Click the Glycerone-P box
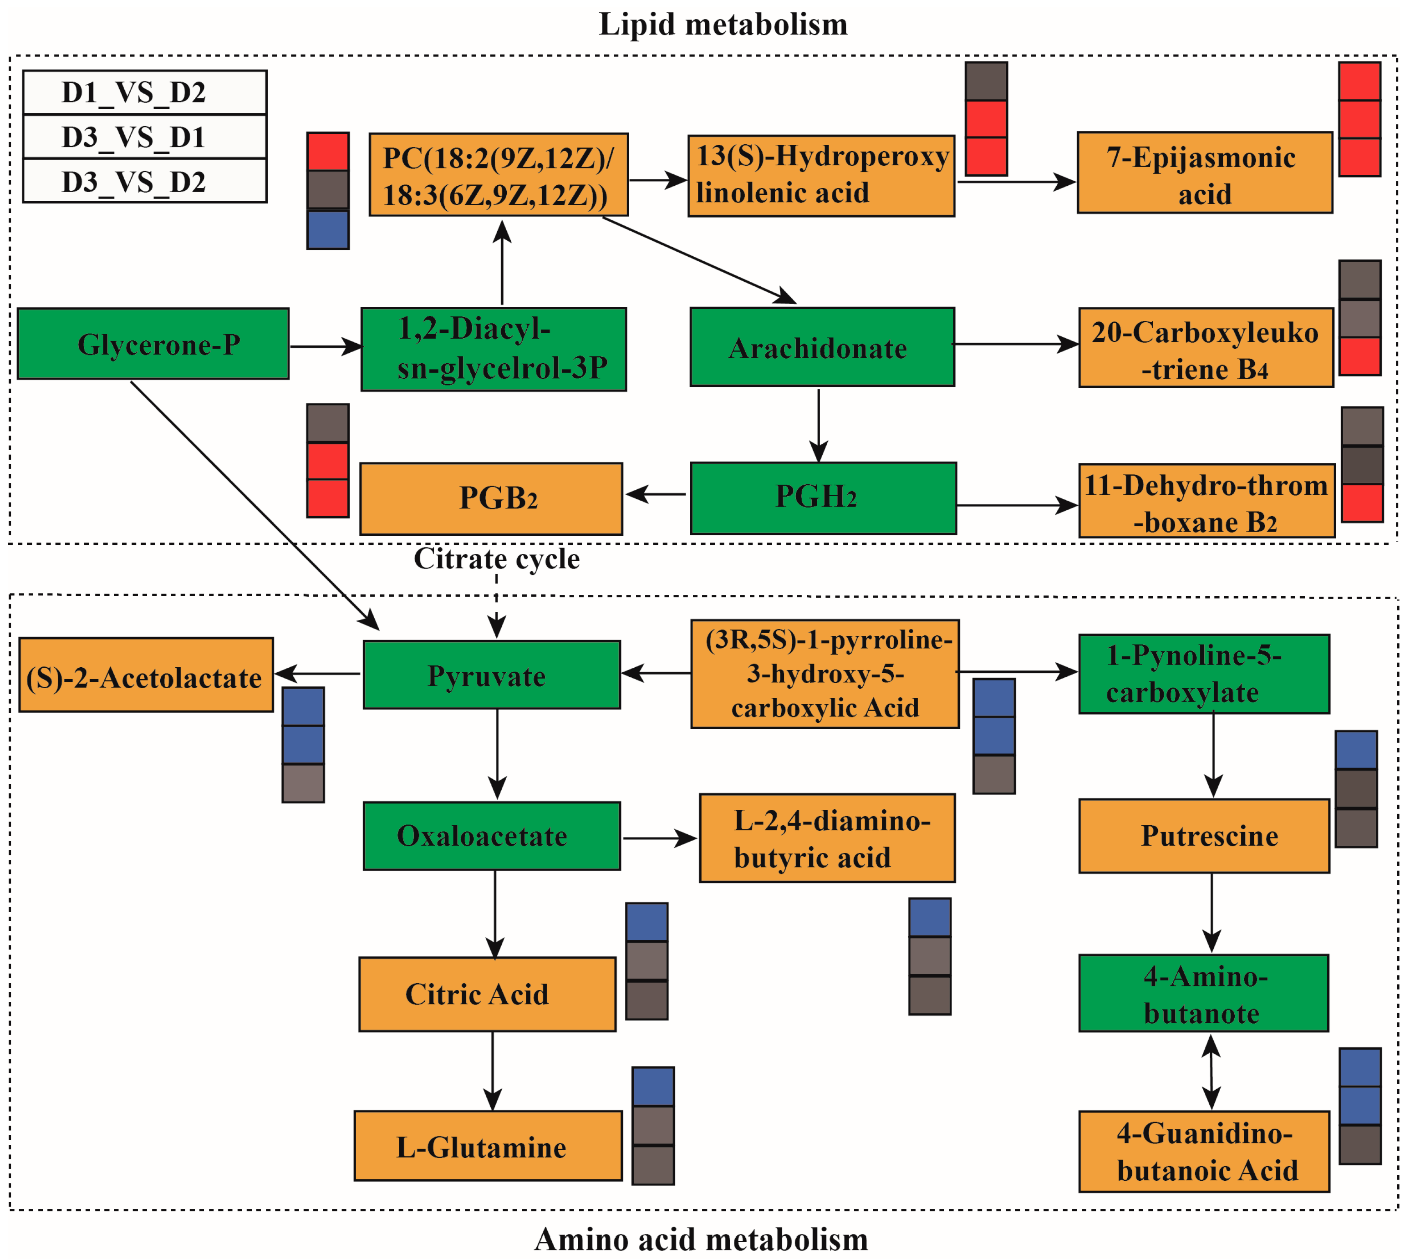click(x=153, y=344)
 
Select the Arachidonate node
click(x=822, y=347)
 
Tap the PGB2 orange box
click(x=491, y=498)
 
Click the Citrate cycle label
click(x=497, y=559)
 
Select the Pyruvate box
click(x=491, y=675)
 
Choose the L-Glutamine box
click(x=488, y=1146)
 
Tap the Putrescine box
click(x=1204, y=836)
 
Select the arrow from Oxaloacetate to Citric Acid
click(x=494, y=913)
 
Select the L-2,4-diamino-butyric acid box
click(x=827, y=838)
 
